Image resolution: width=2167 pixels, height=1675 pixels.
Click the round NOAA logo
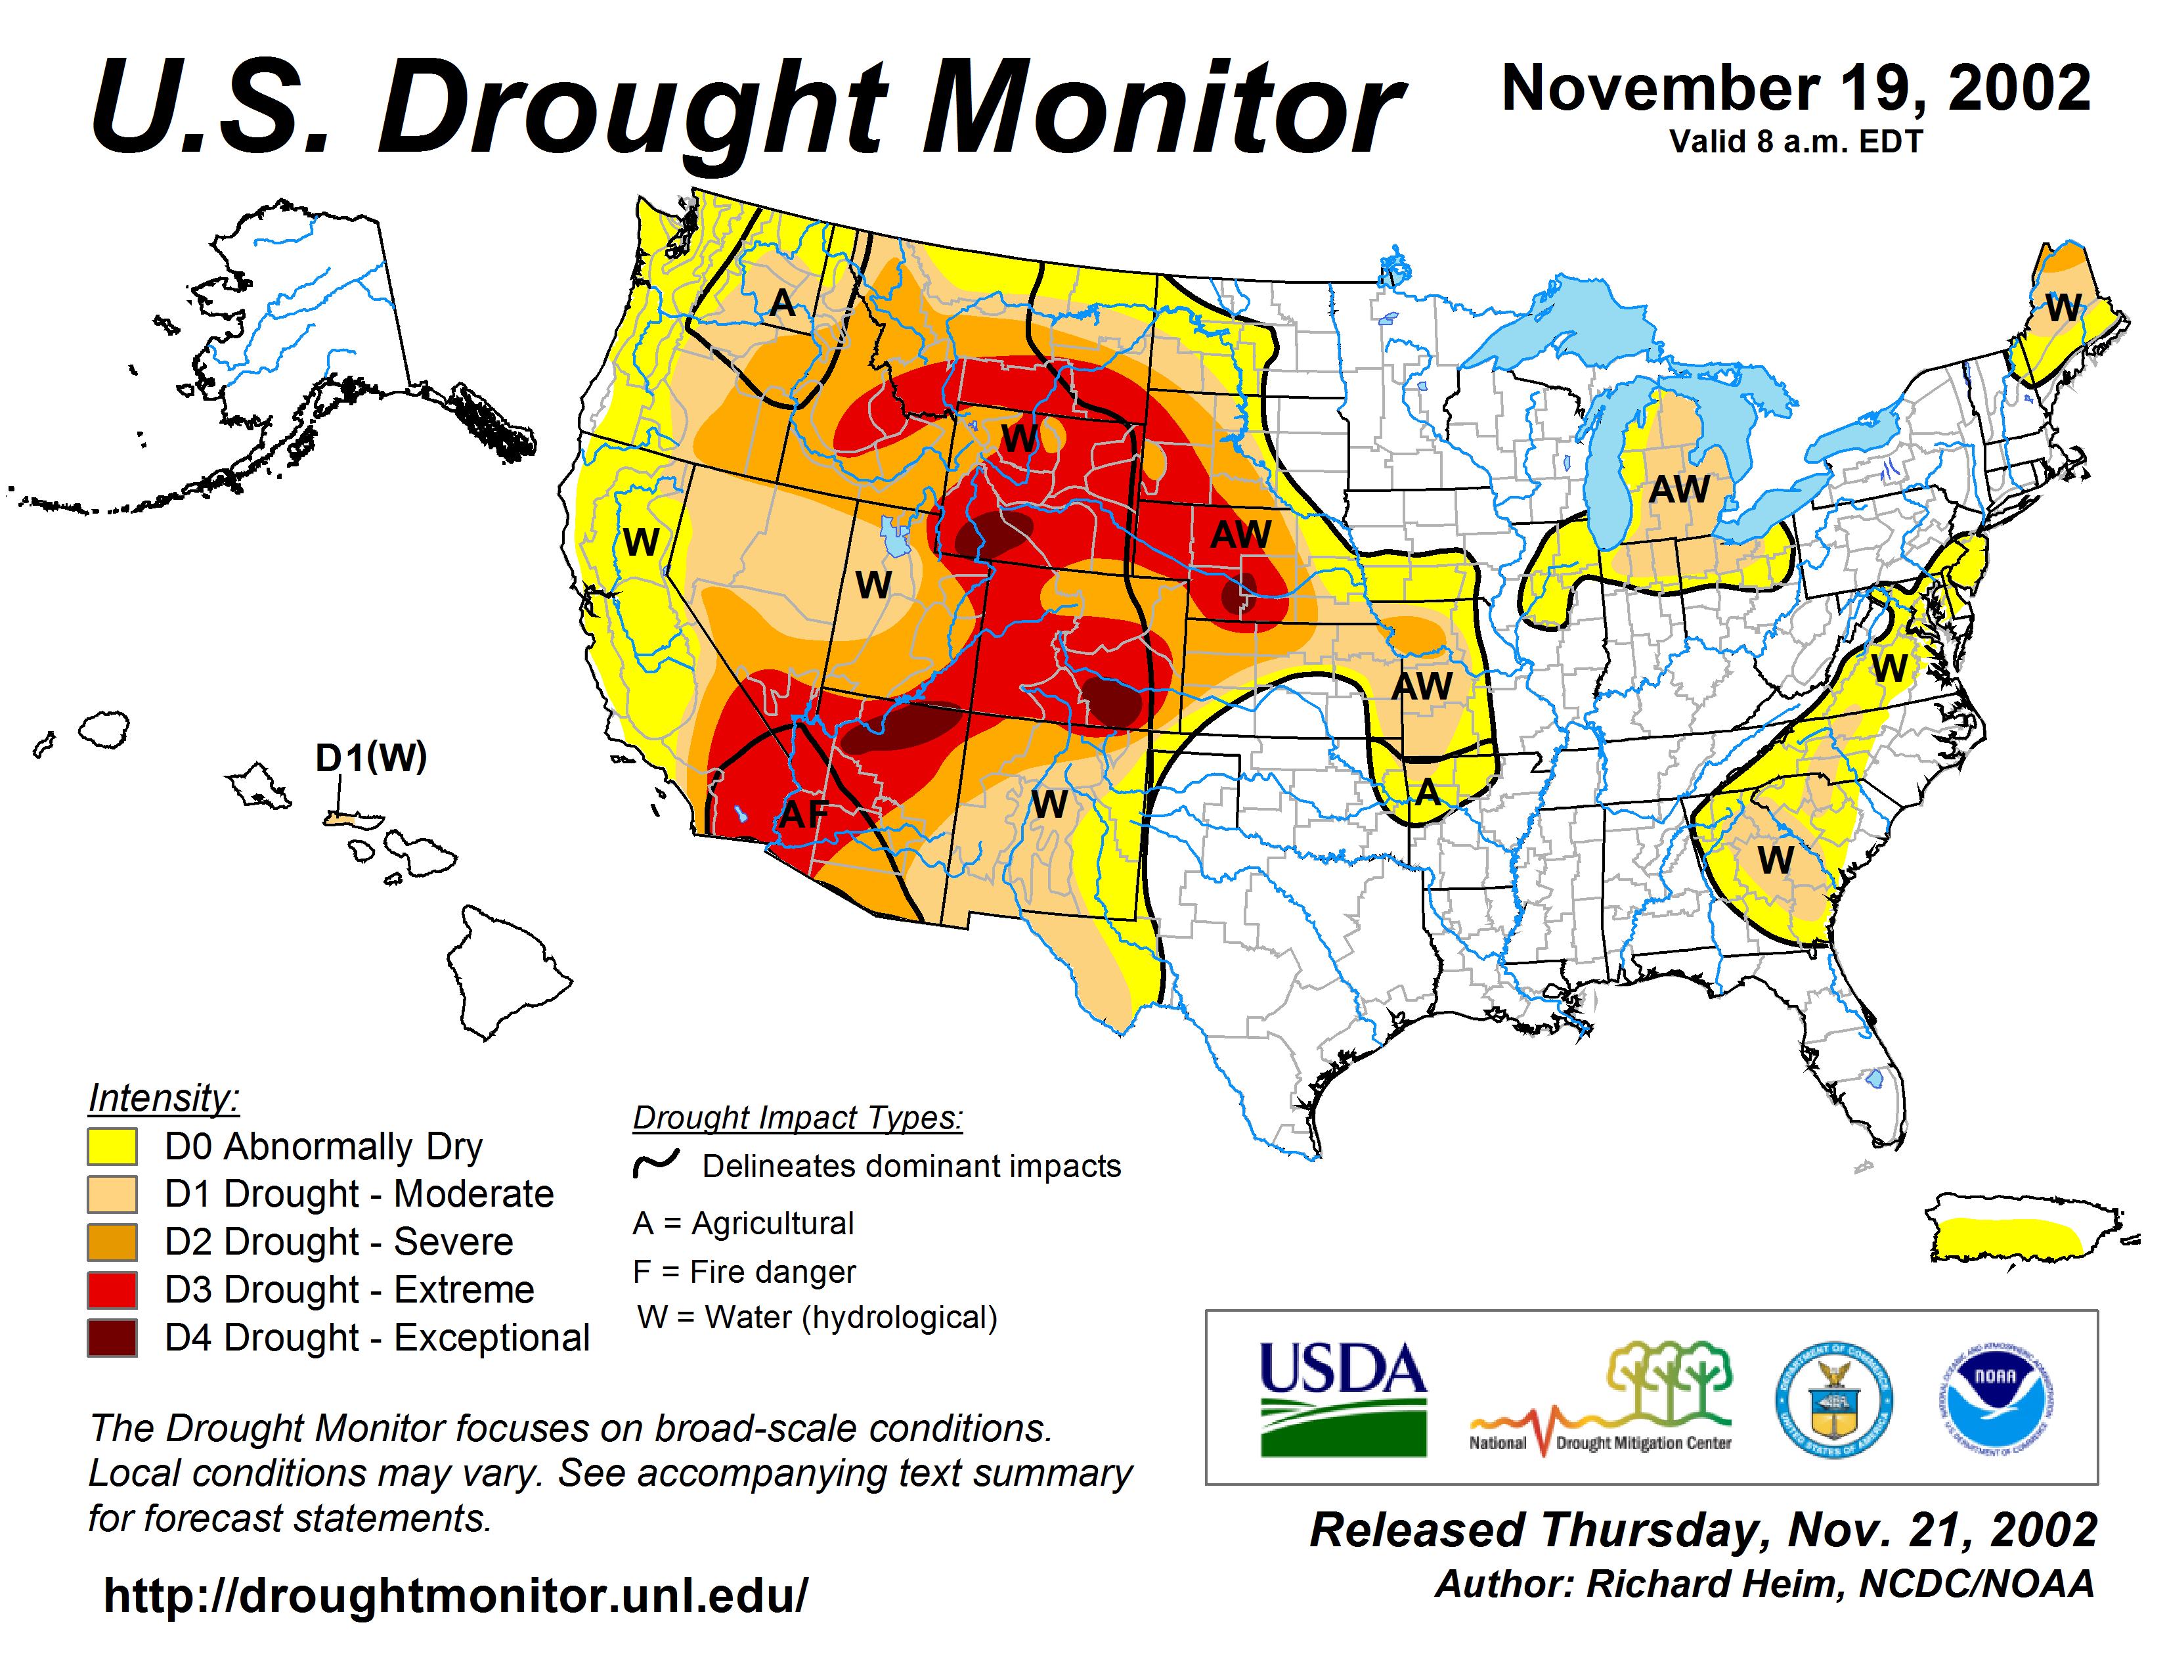1996,1398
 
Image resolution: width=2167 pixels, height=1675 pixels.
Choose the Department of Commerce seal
1833,1399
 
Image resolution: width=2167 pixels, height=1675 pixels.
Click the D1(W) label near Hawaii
371,758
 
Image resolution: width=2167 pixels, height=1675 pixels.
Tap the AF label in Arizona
804,815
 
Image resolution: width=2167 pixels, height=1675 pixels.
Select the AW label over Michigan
1679,489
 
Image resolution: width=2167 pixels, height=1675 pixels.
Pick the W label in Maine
2064,307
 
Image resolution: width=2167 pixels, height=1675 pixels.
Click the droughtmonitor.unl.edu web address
456,1596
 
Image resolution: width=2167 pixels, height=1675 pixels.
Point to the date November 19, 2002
1797,88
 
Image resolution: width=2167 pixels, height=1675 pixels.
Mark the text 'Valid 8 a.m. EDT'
1796,142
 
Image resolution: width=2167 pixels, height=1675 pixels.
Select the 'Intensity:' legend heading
164,1098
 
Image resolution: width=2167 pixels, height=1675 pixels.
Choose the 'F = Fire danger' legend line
744,1271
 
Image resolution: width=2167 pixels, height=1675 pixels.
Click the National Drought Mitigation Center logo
1602,1398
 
